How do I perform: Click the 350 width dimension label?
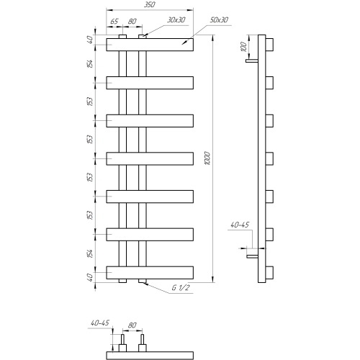150,4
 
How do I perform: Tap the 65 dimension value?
114,22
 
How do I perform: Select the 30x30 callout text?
176,20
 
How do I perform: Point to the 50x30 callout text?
219,20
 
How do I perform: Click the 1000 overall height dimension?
208,158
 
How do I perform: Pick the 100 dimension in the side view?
243,47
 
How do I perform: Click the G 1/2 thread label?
180,287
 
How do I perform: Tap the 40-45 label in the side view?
240,225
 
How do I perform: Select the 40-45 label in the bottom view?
100,323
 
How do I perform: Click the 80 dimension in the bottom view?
132,325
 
